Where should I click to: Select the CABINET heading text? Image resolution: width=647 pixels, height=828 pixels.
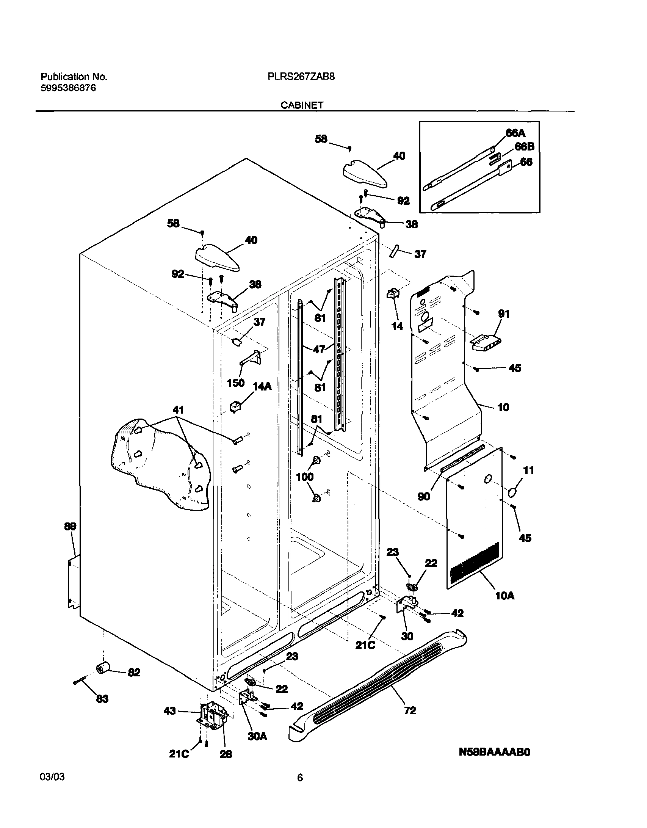(302, 105)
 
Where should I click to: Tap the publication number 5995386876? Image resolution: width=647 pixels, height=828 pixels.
(68, 88)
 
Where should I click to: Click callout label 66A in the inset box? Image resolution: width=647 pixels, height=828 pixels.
(515, 133)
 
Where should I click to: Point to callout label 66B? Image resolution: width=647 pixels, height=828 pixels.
(524, 147)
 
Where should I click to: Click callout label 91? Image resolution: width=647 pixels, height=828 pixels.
(504, 314)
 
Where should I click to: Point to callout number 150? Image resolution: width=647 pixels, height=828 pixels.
(235, 383)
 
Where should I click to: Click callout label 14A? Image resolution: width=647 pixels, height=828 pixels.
(262, 387)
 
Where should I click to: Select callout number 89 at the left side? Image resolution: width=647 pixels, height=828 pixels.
(70, 527)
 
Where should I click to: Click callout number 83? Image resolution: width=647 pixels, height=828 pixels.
(102, 699)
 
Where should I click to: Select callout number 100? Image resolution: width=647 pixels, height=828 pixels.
(305, 477)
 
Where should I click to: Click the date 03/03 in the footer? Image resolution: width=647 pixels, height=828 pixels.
(52, 777)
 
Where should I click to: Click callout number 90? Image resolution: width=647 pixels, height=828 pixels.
(424, 496)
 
